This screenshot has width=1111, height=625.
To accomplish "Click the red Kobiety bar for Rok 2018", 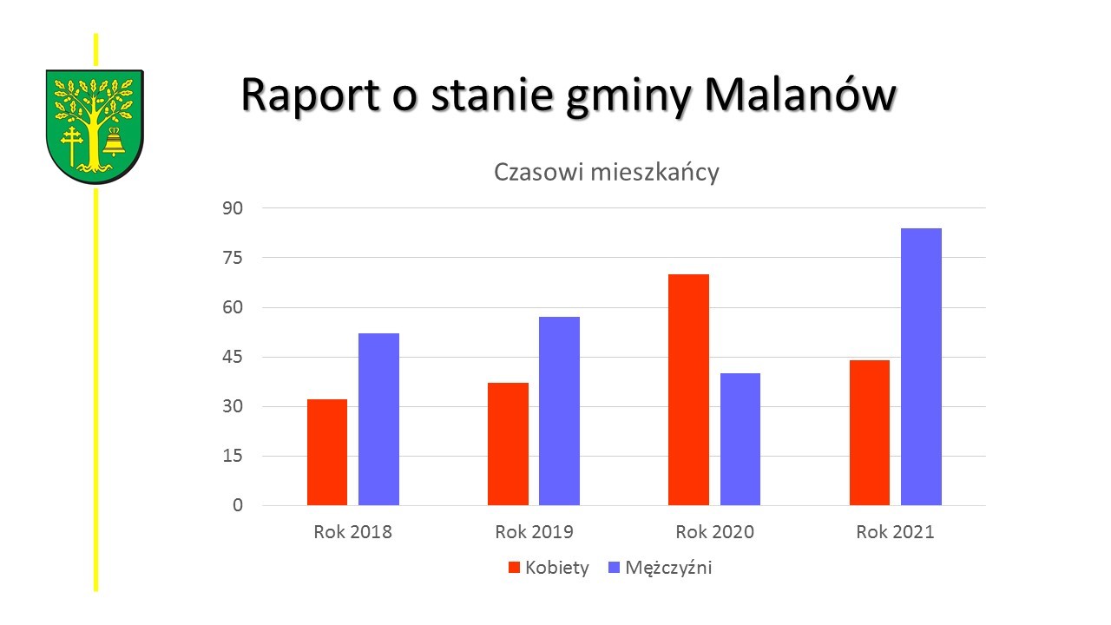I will pyautogui.click(x=327, y=452).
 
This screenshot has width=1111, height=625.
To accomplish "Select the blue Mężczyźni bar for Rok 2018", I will pyautogui.click(x=378, y=419).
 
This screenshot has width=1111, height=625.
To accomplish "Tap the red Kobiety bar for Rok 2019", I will pyautogui.click(x=508, y=444).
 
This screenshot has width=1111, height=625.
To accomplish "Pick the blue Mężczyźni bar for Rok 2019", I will pyautogui.click(x=559, y=411).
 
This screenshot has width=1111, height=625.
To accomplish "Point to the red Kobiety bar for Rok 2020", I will pyautogui.click(x=688, y=390).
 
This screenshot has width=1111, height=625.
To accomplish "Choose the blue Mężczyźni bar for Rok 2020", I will pyautogui.click(x=740, y=439).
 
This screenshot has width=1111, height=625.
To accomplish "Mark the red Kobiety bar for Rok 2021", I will pyautogui.click(x=869, y=432).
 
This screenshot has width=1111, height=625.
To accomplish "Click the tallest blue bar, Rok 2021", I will pyautogui.click(x=921, y=366).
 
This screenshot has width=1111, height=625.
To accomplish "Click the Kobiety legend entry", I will pyautogui.click(x=549, y=568).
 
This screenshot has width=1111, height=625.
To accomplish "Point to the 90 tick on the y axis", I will pyautogui.click(x=236, y=208).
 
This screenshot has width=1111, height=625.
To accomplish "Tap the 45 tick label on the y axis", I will pyautogui.click(x=236, y=357).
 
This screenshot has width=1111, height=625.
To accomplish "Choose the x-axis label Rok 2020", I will pyautogui.click(x=714, y=532).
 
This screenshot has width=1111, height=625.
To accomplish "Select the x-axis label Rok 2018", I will pyautogui.click(x=352, y=532).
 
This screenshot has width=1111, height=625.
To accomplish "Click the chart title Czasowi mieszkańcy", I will pyautogui.click(x=607, y=172).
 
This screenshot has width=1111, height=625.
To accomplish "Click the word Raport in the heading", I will pyautogui.click(x=310, y=95).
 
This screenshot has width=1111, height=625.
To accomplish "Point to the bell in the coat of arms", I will pyautogui.click(x=114, y=142).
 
